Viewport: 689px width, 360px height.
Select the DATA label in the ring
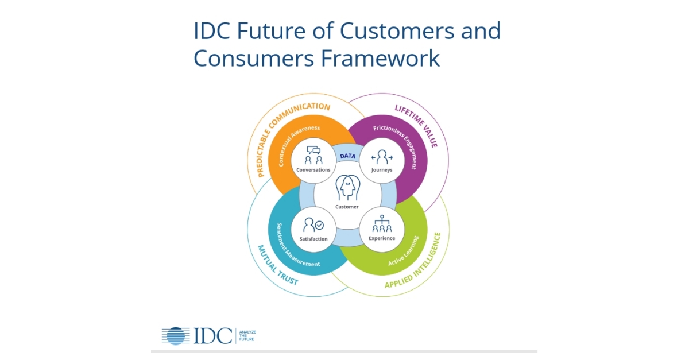tap(347, 156)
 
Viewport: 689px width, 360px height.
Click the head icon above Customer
tap(347, 188)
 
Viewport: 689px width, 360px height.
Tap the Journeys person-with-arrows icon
tap(382, 157)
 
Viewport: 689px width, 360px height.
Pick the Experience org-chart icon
tap(382, 224)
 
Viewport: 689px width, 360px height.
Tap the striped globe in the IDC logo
tap(176, 336)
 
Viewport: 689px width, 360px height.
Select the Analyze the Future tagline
tap(247, 336)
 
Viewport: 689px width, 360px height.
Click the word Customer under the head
tap(347, 207)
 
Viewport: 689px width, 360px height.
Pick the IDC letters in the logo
tap(212, 336)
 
